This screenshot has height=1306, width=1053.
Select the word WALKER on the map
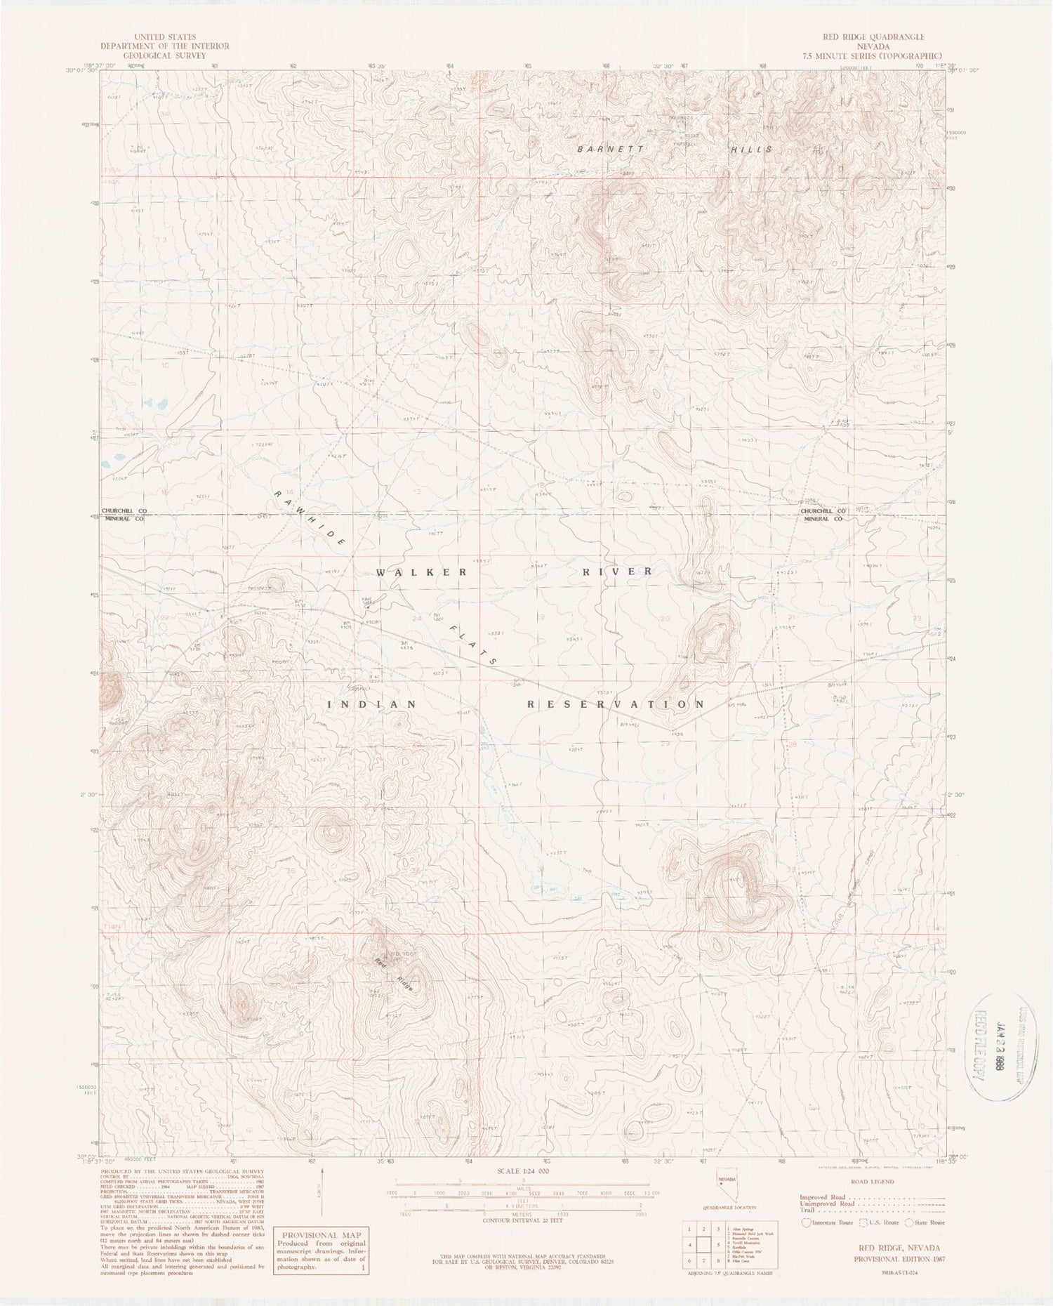421,572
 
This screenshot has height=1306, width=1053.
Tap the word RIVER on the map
618,572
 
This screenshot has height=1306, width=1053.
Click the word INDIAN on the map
372,704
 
